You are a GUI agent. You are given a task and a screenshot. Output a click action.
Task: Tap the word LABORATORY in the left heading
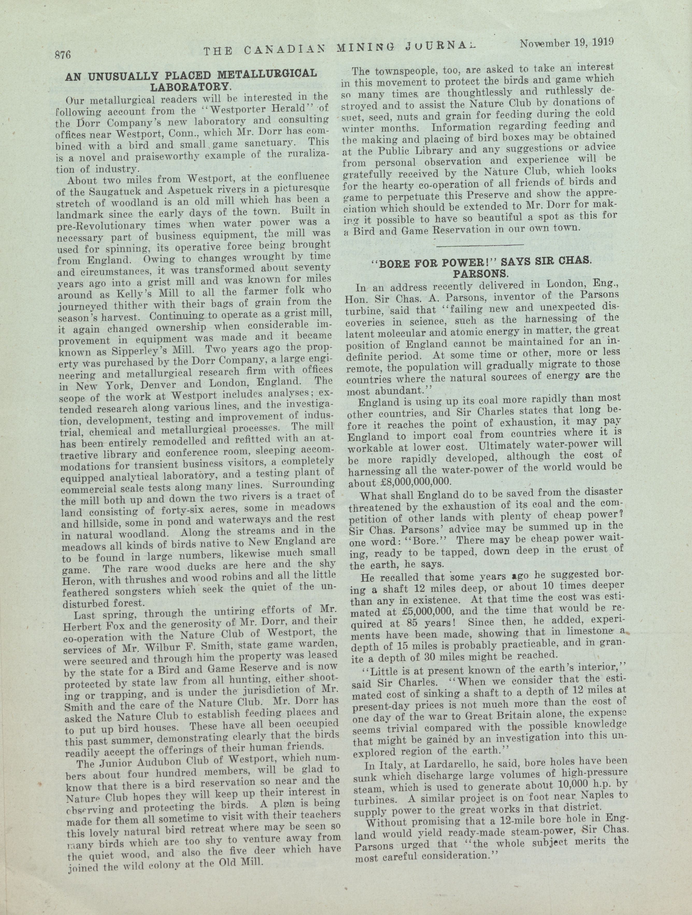(x=190, y=87)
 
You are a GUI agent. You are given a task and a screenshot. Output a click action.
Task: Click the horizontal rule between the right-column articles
(x=480, y=246)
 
